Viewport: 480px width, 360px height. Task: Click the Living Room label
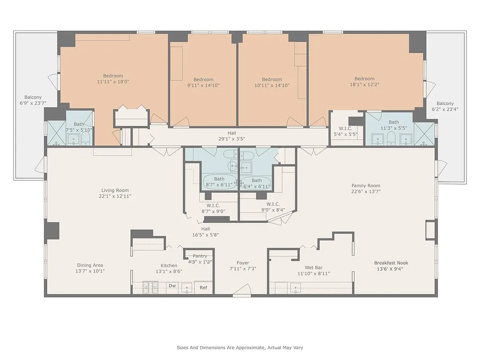click(115, 190)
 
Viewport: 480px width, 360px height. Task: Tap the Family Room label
click(366, 185)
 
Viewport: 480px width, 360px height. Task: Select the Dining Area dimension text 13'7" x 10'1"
click(90, 271)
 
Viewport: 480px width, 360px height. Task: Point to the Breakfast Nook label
click(391, 263)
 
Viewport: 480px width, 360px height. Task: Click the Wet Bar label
click(314, 267)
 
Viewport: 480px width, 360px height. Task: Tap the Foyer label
click(243, 263)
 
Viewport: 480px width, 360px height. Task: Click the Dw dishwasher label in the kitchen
click(172, 286)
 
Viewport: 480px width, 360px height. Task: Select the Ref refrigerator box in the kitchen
click(203, 288)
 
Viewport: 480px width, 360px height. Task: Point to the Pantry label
click(200, 256)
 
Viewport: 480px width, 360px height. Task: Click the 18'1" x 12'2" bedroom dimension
click(364, 85)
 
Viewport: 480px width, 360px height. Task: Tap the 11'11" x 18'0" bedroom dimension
click(113, 82)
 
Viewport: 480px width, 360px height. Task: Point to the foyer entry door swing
click(243, 290)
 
